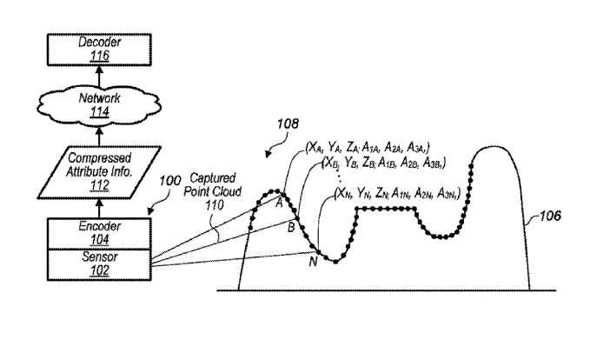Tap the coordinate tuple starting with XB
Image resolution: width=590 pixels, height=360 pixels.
pos(383,163)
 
